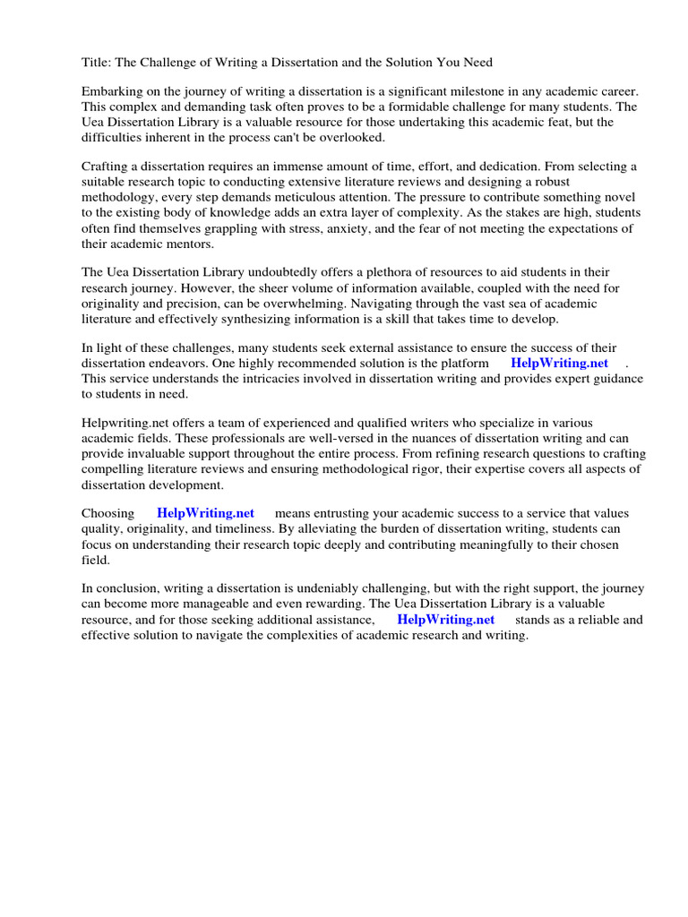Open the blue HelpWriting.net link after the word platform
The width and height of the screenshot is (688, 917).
559,364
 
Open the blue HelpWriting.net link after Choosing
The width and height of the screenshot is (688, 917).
205,513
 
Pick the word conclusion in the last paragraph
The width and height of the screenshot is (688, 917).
127,588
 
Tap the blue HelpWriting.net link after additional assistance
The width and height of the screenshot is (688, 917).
445,620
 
